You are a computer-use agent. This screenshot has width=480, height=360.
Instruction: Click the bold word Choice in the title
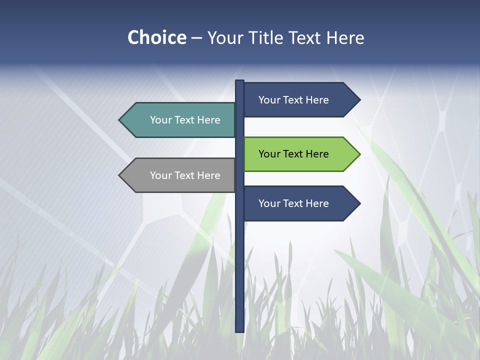tap(156, 37)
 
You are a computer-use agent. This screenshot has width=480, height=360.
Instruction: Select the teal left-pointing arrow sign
tap(180, 120)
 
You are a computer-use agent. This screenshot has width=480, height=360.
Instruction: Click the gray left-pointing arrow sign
tap(180, 175)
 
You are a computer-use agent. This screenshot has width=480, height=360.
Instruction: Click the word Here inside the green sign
tap(317, 154)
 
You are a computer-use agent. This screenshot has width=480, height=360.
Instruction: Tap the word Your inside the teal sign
tap(160, 120)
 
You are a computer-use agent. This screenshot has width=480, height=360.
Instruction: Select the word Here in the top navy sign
tap(317, 100)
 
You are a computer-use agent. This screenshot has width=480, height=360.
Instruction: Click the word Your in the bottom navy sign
tap(269, 203)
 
